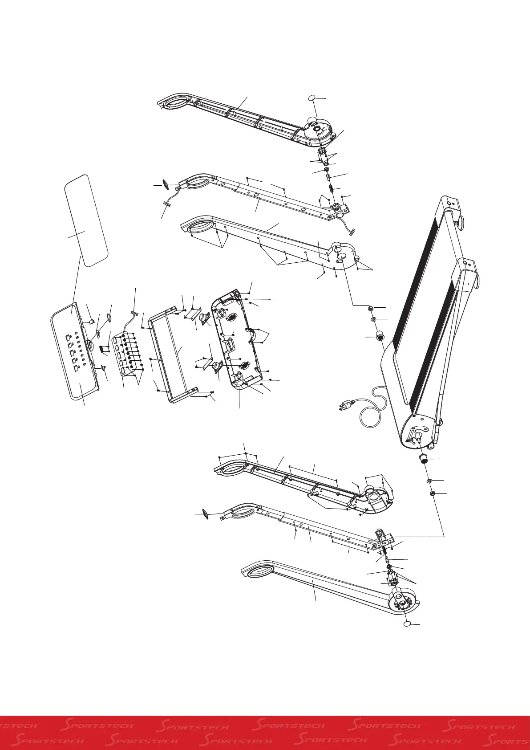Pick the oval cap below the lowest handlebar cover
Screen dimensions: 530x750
(407, 624)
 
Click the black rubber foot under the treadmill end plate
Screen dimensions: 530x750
(425, 459)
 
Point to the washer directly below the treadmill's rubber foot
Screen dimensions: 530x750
(430, 481)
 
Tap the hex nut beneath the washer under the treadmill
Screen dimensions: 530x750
(432, 493)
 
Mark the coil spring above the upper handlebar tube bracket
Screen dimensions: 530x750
(331, 188)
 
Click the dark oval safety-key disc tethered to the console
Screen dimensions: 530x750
(109, 318)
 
